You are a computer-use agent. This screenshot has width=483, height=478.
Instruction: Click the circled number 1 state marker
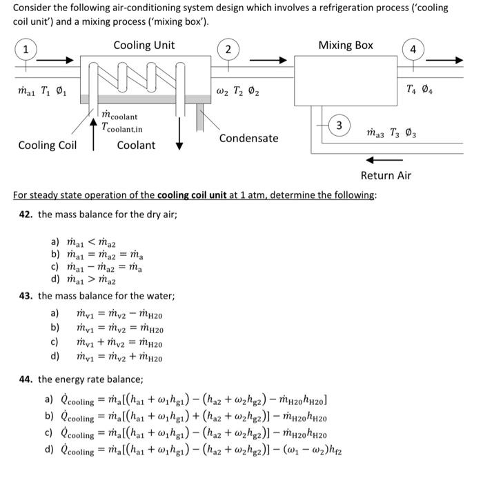pos(26,49)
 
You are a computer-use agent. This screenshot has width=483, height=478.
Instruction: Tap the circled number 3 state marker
pos(339,126)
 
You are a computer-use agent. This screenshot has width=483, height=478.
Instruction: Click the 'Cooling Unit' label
pos(144,46)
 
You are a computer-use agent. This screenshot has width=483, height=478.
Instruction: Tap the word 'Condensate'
pos(248,138)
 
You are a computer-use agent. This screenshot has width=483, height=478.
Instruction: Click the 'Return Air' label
pos(386,175)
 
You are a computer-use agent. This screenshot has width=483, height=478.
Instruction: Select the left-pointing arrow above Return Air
pos(379,160)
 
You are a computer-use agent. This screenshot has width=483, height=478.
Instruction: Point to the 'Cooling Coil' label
pos(47,145)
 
